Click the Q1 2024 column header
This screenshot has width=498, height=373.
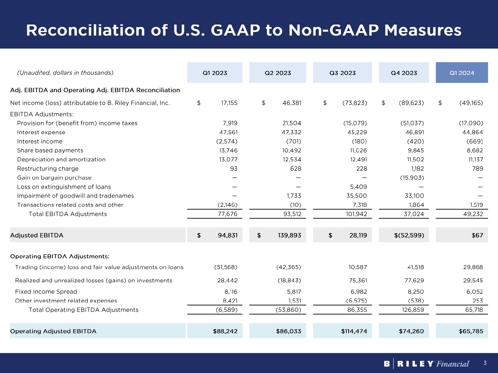tap(462, 73)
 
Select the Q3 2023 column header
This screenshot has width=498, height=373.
tap(342, 73)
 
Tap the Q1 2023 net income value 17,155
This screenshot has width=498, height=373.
tap(229, 103)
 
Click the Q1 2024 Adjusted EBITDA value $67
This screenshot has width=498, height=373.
tap(477, 235)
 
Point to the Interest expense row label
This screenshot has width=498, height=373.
tap(41, 132)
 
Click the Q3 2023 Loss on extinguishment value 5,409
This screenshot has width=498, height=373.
tap(359, 187)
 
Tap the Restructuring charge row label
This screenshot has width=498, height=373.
tap(48, 169)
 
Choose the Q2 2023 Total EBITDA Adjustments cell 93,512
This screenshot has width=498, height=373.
tap(292, 214)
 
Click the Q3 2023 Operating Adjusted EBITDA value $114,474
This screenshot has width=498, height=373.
tap(354, 331)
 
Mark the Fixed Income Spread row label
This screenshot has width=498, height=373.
tap(46, 292)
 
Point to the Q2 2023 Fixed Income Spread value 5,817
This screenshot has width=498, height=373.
tap(294, 292)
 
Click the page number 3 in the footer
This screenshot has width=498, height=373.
tap(485, 363)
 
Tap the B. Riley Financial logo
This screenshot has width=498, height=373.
tap(426, 364)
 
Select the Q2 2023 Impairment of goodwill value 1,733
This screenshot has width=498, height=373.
tap(294, 196)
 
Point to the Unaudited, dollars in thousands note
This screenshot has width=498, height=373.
tap(65, 73)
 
